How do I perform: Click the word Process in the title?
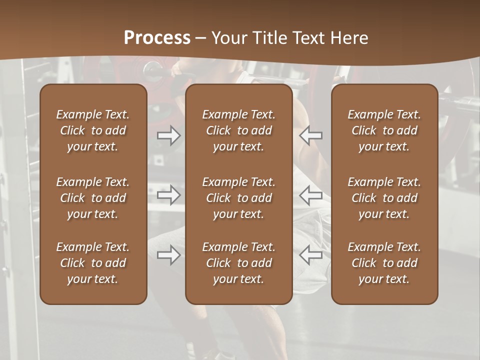(157, 38)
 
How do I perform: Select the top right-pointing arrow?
(168, 135)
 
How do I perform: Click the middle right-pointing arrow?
(168, 195)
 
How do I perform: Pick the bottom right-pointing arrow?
(168, 255)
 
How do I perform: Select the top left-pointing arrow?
(311, 135)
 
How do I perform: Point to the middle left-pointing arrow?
(311, 195)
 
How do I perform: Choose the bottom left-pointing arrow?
(311, 255)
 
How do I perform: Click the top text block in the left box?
(93, 130)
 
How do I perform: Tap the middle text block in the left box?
(93, 198)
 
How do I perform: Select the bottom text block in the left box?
(93, 263)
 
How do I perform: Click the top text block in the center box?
(238, 130)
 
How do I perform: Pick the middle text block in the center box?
(238, 198)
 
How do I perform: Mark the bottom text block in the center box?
(238, 263)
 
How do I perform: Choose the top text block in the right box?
(384, 130)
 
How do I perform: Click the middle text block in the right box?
(384, 198)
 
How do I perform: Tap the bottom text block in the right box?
(384, 263)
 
